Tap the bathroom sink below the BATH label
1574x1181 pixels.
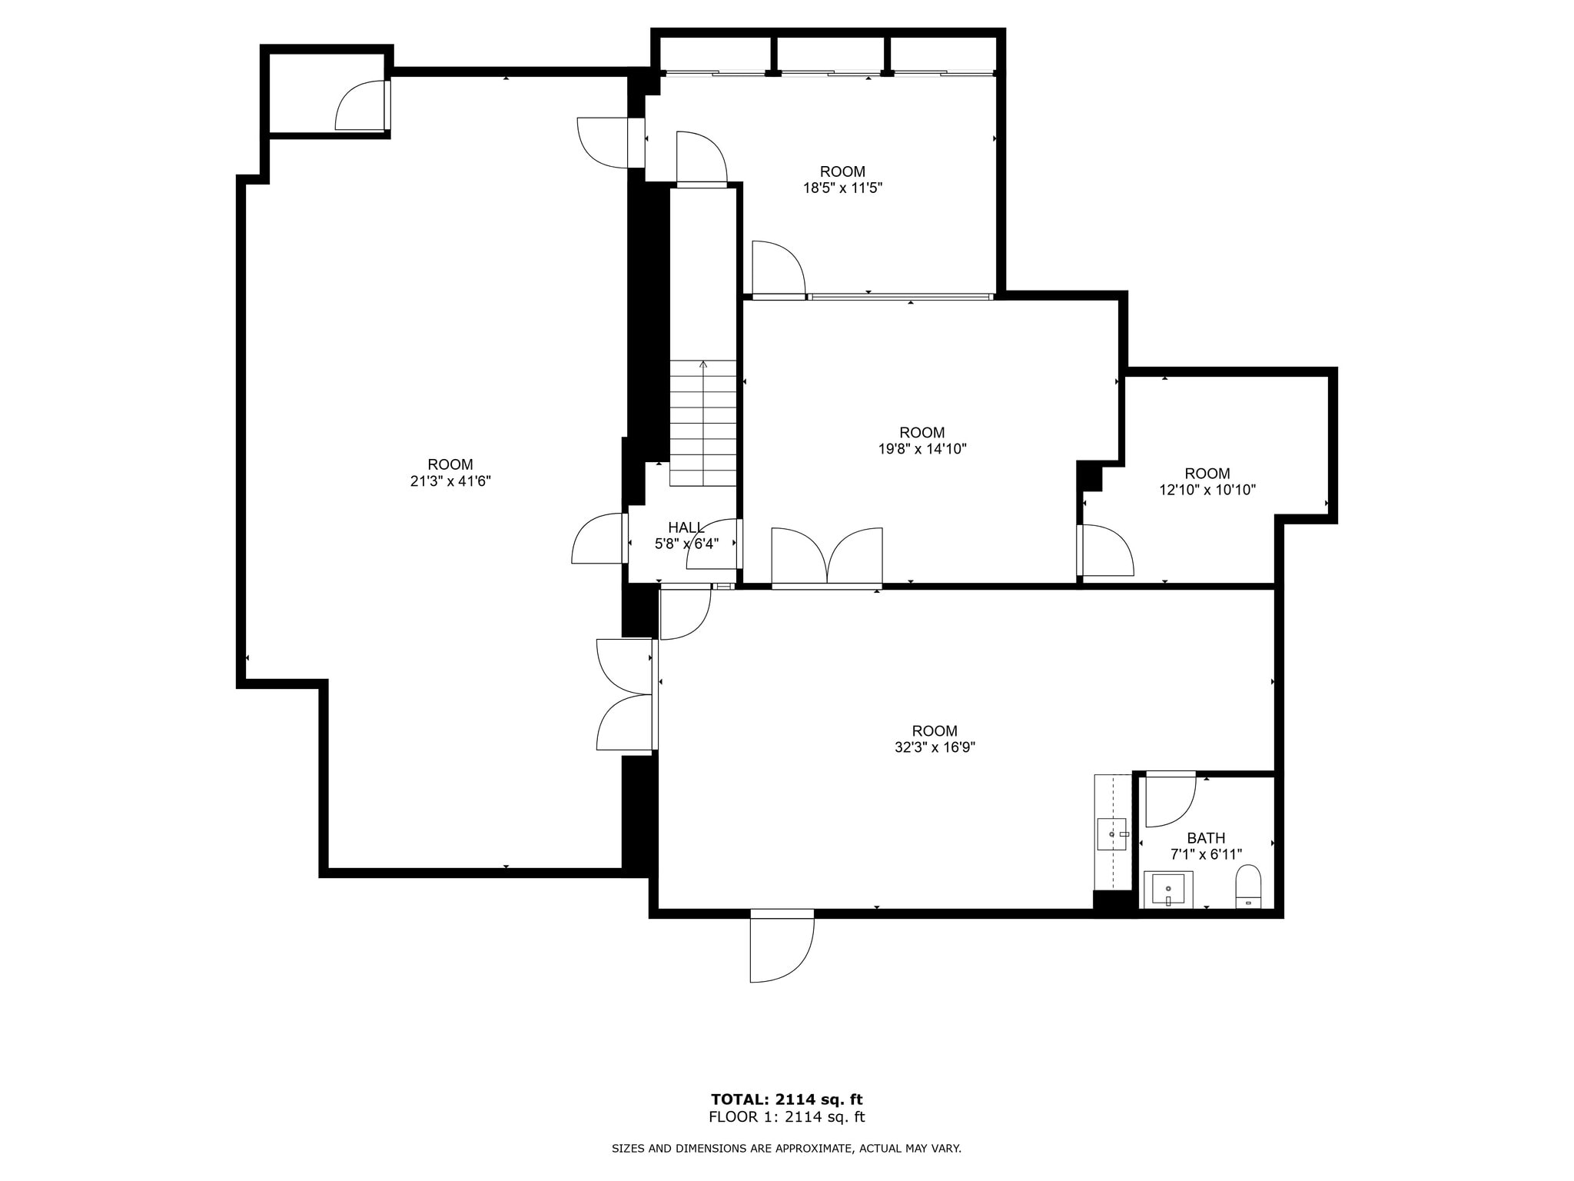(1168, 890)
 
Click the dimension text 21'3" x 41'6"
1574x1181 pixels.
(450, 481)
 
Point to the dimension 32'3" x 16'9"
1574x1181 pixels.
(935, 747)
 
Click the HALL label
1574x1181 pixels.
(686, 527)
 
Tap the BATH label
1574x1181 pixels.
(1206, 838)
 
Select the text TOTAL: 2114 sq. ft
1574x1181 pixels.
(786, 1099)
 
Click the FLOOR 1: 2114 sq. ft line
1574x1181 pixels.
(786, 1117)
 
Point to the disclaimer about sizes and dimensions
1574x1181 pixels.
(786, 1149)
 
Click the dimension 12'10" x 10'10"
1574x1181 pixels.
(1207, 490)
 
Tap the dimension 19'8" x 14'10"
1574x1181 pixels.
(922, 449)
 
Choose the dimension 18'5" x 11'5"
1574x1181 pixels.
(842, 188)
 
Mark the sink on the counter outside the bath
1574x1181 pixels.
(1112, 833)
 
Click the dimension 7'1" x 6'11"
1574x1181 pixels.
(1206, 854)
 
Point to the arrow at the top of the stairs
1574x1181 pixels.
(702, 364)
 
